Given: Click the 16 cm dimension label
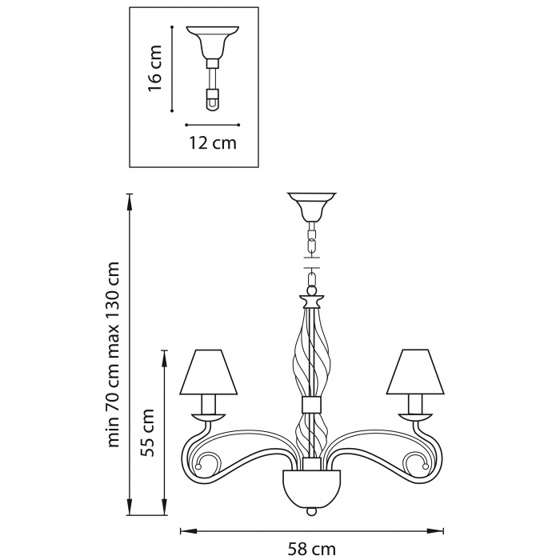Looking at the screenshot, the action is (x=155, y=68).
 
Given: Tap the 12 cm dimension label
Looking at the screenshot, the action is (x=213, y=143).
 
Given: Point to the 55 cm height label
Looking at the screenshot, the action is (x=147, y=433).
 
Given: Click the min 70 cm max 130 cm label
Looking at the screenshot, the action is (x=114, y=354).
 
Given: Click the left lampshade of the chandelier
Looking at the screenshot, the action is (x=209, y=372).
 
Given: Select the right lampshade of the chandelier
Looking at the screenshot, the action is (x=414, y=372).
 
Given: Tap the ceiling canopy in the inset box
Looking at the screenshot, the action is (x=212, y=42).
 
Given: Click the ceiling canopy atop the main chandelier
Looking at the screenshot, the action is (x=312, y=206).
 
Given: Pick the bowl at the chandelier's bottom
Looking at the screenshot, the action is (x=312, y=486).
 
